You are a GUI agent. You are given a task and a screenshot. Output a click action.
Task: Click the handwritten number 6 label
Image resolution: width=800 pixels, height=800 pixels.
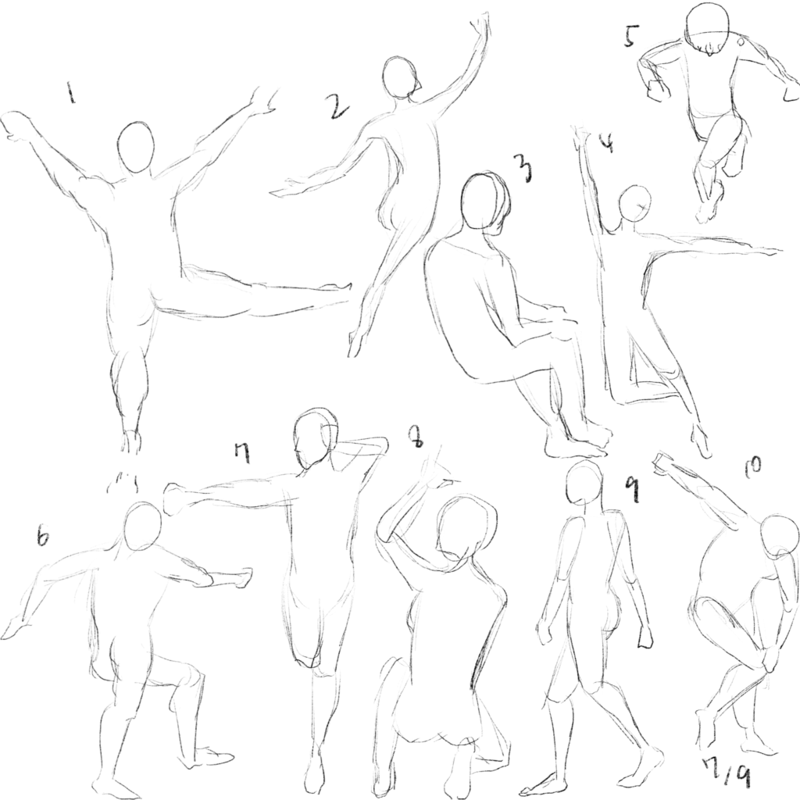(44, 537)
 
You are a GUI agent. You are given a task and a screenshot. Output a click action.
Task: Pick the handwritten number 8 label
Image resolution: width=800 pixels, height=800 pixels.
(416, 437)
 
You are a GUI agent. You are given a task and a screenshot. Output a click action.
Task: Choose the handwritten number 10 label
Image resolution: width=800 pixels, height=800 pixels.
(752, 464)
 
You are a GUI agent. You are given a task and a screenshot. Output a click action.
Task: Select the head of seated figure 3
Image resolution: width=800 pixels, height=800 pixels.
(484, 202)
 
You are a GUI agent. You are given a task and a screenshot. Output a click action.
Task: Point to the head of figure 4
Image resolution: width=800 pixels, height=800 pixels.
(634, 202)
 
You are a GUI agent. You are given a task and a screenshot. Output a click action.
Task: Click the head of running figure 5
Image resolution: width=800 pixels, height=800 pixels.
(707, 27)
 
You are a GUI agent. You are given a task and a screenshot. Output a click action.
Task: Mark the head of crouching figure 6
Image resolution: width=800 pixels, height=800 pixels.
(142, 527)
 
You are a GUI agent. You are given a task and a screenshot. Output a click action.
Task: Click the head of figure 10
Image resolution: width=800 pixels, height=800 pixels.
(779, 536)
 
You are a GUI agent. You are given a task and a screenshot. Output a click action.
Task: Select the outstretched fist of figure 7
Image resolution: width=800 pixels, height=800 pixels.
(174, 498)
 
